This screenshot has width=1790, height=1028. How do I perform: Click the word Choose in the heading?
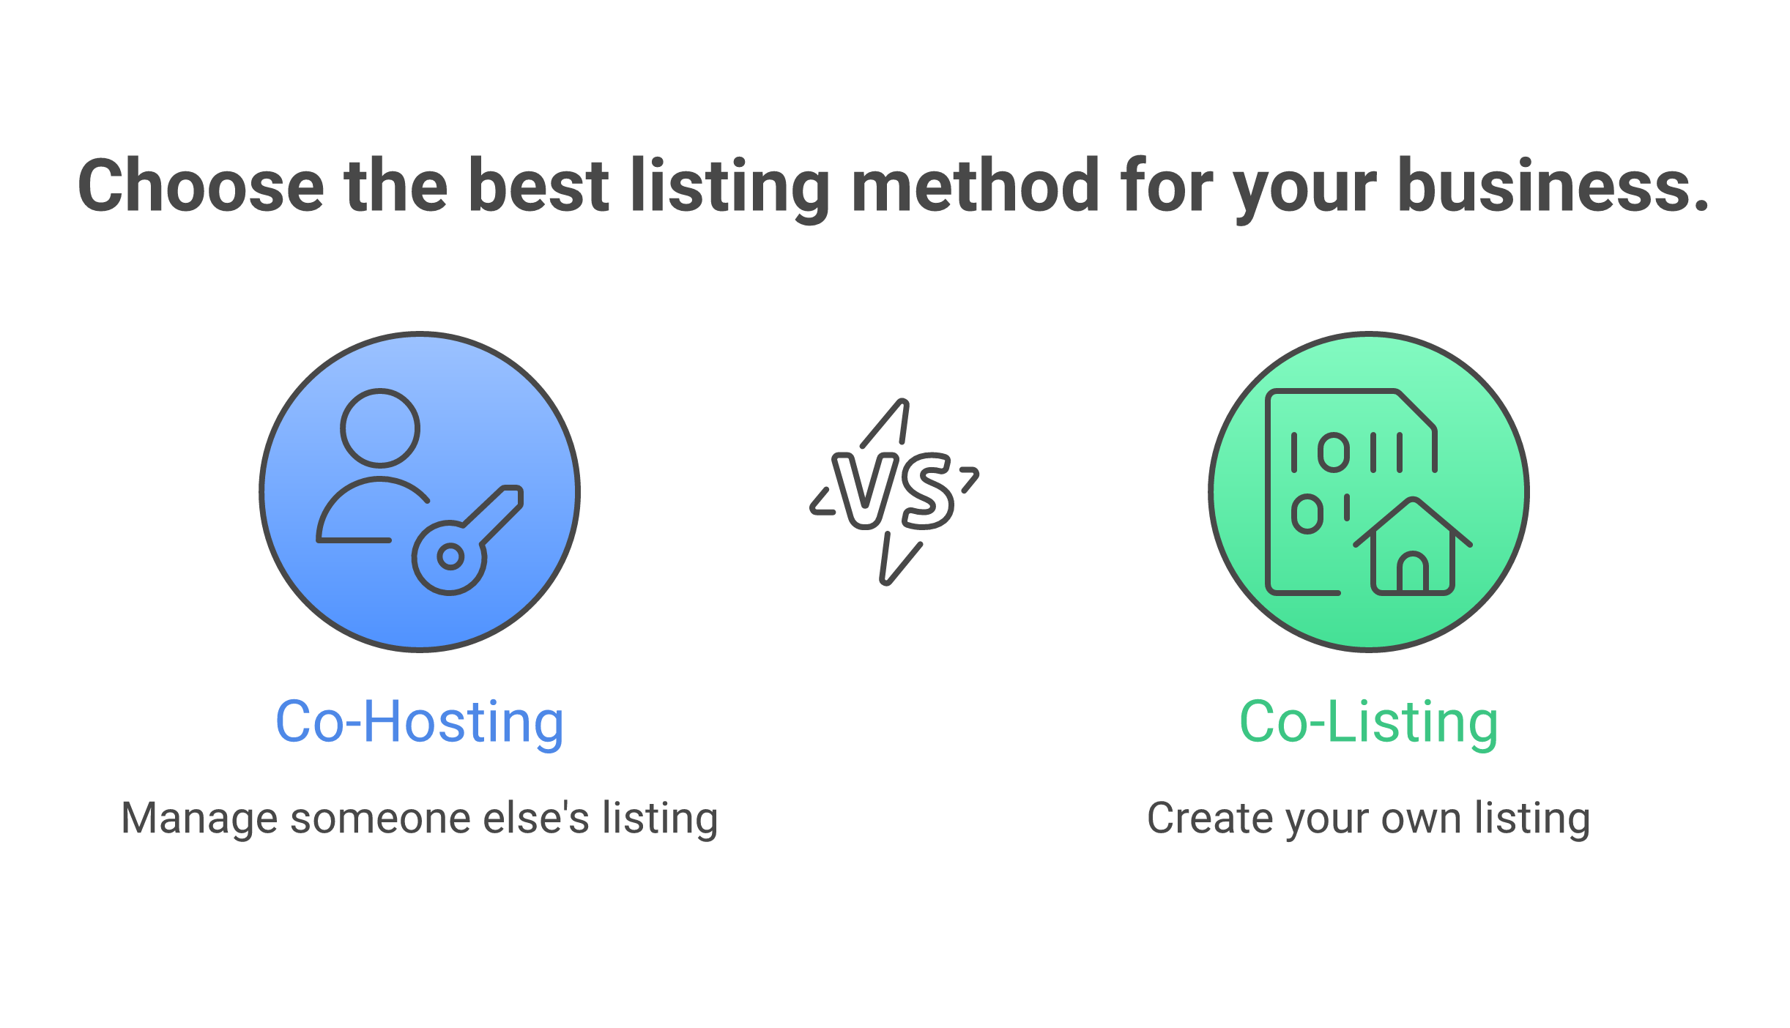click(x=201, y=186)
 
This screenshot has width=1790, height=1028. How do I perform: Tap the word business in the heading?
click(x=1553, y=186)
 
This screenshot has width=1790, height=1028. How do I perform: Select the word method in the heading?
click(x=975, y=186)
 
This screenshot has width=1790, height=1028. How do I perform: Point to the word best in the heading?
click(x=538, y=186)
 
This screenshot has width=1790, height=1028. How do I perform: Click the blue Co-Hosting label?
click(x=420, y=722)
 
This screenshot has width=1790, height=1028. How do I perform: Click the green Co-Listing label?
click(x=1368, y=722)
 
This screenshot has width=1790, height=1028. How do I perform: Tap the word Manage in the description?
click(x=198, y=818)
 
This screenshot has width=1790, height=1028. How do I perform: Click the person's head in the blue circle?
click(x=380, y=428)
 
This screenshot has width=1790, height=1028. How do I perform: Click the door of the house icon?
click(x=1413, y=573)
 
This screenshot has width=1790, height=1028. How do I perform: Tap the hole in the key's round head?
click(x=450, y=557)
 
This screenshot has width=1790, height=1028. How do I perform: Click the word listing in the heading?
click(x=729, y=186)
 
